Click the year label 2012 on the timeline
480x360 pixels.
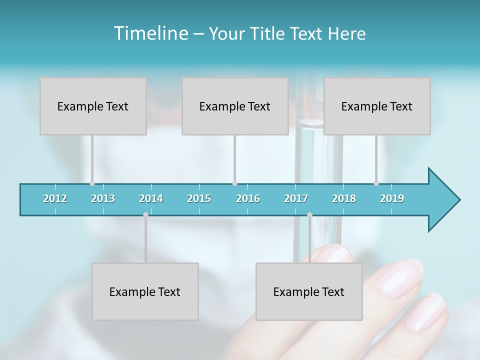pos(55,198)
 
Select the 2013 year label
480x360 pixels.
pos(103,198)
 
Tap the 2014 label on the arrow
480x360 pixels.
pos(151,198)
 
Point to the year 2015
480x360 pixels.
pos(199,198)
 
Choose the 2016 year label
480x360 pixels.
pos(248,198)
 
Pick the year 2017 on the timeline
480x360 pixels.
pos(296,198)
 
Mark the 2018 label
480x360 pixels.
pos(344,198)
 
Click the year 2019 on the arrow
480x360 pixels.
pos(392,198)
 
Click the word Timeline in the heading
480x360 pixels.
pos(149,33)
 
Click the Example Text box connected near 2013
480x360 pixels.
pos(93,106)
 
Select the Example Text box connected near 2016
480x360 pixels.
pos(235,106)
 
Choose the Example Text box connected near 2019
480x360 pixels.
pos(377,106)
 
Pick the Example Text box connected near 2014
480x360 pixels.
pos(145,291)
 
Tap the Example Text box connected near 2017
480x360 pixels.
pos(309,291)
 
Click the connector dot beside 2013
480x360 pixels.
pos(92,183)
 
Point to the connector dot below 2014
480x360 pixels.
pos(145,214)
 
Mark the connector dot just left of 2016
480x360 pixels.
pos(234,183)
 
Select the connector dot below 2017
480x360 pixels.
pos(309,214)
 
